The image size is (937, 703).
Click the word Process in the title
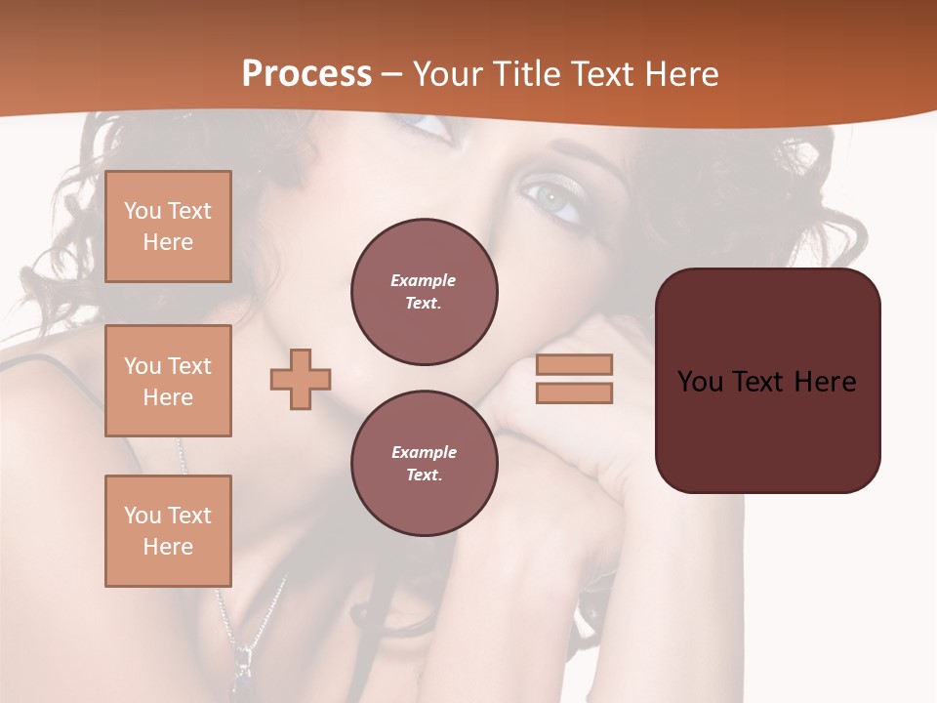(x=306, y=74)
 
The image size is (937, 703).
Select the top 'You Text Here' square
(x=168, y=227)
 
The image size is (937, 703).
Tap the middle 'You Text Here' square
(x=168, y=381)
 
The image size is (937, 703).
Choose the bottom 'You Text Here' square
(x=168, y=530)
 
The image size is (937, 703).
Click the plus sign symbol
(x=301, y=379)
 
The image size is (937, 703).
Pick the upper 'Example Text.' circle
(x=424, y=291)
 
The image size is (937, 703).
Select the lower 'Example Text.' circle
(x=424, y=463)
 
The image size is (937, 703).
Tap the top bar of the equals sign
(x=574, y=364)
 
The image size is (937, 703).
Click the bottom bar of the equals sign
(x=574, y=393)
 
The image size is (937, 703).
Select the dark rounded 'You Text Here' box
(x=767, y=381)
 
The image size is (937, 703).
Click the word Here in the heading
(x=680, y=74)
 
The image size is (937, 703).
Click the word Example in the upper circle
(x=423, y=280)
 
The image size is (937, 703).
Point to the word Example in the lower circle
(x=424, y=452)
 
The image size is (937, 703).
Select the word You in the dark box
(x=700, y=382)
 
